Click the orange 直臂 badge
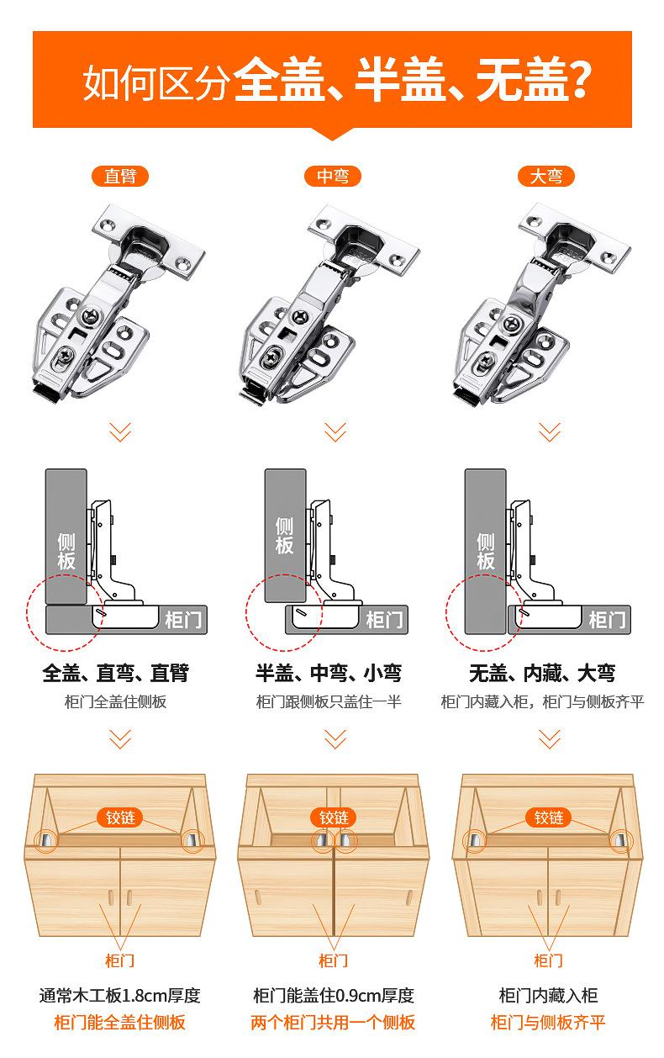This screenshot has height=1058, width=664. pos(120,176)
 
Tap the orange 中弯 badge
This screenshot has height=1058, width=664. pos(332,176)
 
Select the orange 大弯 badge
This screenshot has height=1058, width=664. pos(546,176)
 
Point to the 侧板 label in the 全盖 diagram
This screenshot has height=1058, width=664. pos(66,551)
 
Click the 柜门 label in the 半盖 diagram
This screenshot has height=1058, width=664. pos(384,620)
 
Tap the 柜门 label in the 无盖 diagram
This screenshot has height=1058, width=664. pos(607,620)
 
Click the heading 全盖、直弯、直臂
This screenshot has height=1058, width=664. pos(116,673)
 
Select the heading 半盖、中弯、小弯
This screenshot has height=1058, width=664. pos(329,673)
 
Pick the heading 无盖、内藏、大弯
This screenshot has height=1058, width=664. pos(542,673)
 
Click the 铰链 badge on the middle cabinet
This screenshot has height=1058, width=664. pos(333,817)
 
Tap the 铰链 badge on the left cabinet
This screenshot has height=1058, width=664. pos(120,817)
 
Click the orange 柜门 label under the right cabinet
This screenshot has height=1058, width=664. pos(548,960)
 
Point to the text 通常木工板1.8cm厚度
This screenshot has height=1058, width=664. pos(120,996)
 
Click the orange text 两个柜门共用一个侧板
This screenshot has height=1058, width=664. pos(333,1023)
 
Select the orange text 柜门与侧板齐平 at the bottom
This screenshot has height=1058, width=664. pos(548,1023)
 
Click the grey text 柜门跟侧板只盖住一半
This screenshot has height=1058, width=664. pos(329,702)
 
